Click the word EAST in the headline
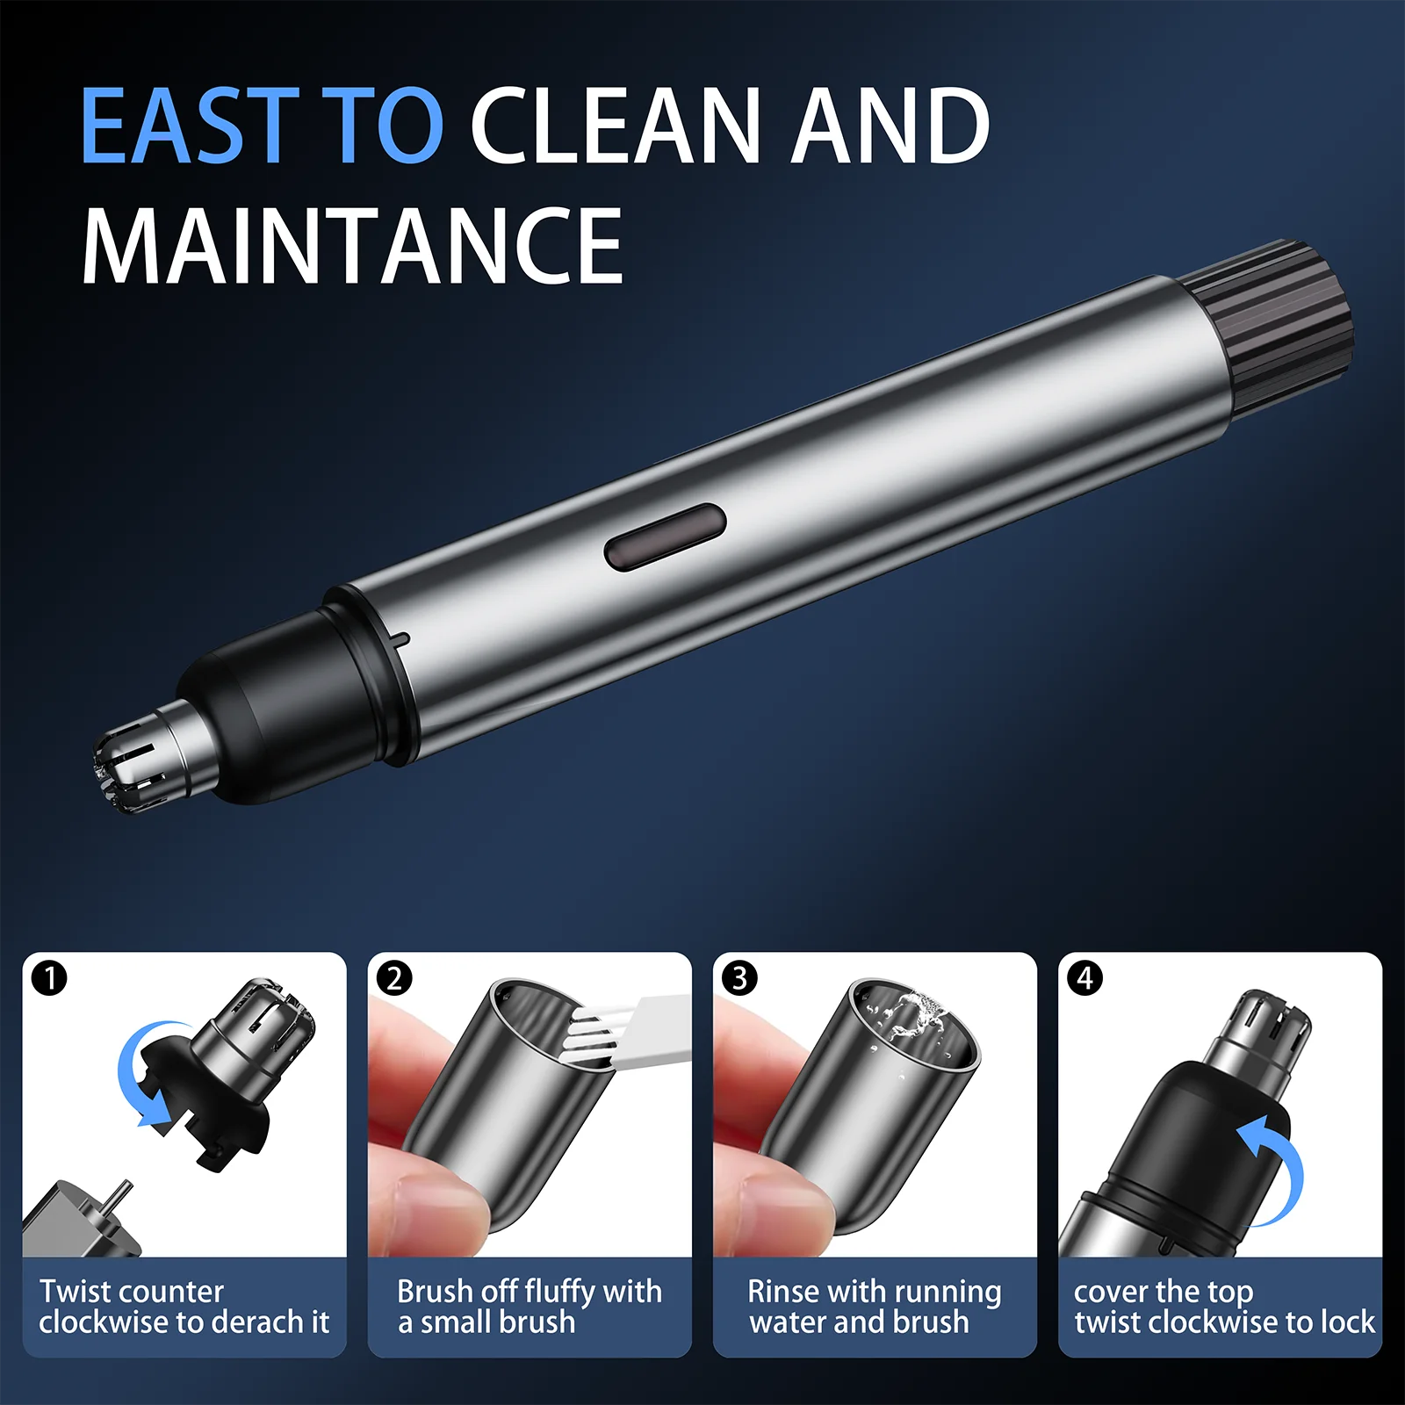[190, 126]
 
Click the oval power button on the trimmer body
[665, 537]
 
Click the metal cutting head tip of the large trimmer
[132, 764]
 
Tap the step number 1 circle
[49, 977]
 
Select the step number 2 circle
[394, 977]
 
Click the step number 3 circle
[739, 977]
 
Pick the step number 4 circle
[1085, 977]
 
